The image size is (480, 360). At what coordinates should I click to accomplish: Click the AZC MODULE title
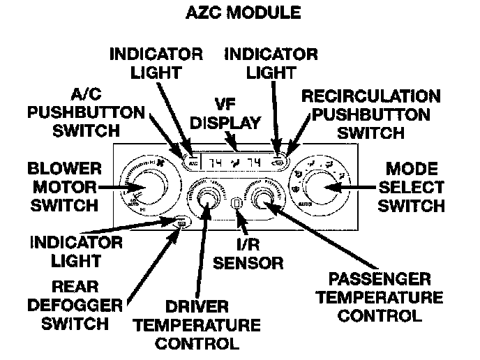pyautogui.click(x=241, y=13)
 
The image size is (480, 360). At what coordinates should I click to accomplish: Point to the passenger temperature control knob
pyautogui.click(x=265, y=200)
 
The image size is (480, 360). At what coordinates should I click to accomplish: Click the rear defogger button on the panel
pyautogui.click(x=181, y=223)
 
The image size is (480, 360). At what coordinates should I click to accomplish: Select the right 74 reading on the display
pyautogui.click(x=257, y=163)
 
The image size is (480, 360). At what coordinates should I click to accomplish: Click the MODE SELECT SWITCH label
pyautogui.click(x=416, y=187)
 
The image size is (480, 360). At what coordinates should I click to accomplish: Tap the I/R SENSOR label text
pyautogui.click(x=248, y=254)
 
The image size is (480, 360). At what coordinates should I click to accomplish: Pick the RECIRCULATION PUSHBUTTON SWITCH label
pyautogui.click(x=370, y=114)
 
